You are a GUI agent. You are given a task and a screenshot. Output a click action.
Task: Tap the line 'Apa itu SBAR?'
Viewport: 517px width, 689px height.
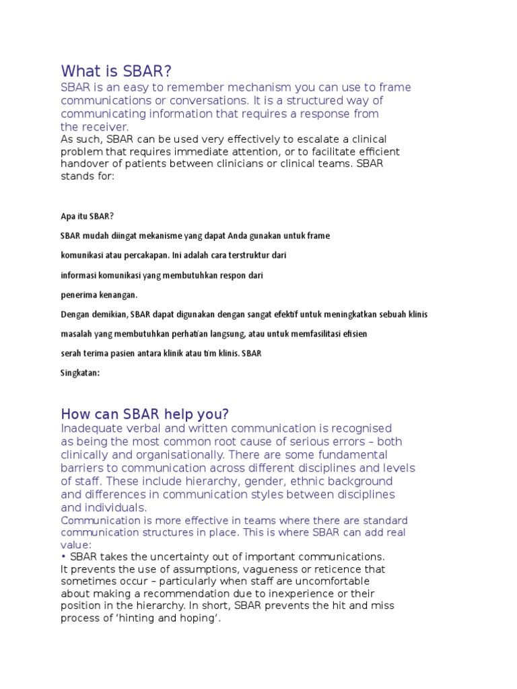coord(88,217)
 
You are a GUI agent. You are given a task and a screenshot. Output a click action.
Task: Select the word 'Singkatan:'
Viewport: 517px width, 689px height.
coord(80,373)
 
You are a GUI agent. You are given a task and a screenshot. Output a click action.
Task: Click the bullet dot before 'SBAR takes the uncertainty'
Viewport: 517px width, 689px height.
coord(63,557)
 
